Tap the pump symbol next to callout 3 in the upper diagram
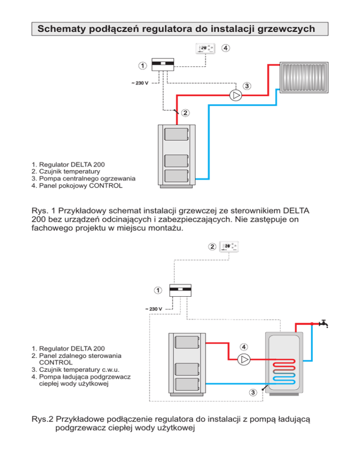236,96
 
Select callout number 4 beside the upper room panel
226,48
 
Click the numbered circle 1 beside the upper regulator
142,64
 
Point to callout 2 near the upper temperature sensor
186,113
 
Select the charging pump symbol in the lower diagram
244,360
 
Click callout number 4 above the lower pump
244,347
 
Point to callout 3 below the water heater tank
253,392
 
